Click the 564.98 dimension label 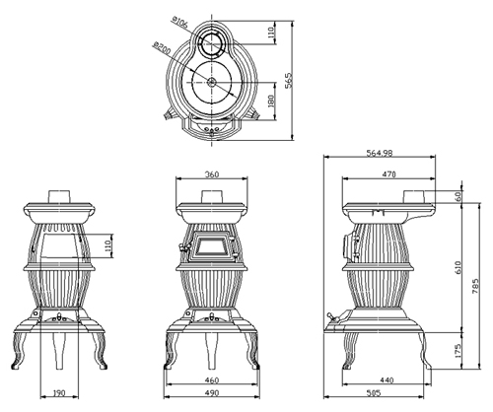click(379, 153)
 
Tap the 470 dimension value click(388, 174)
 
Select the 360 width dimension click(212, 174)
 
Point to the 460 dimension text click(211, 380)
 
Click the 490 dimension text click(211, 392)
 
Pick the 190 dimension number click(59, 392)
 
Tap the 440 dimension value click(387, 380)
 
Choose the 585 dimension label click(374, 392)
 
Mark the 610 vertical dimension click(458, 267)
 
